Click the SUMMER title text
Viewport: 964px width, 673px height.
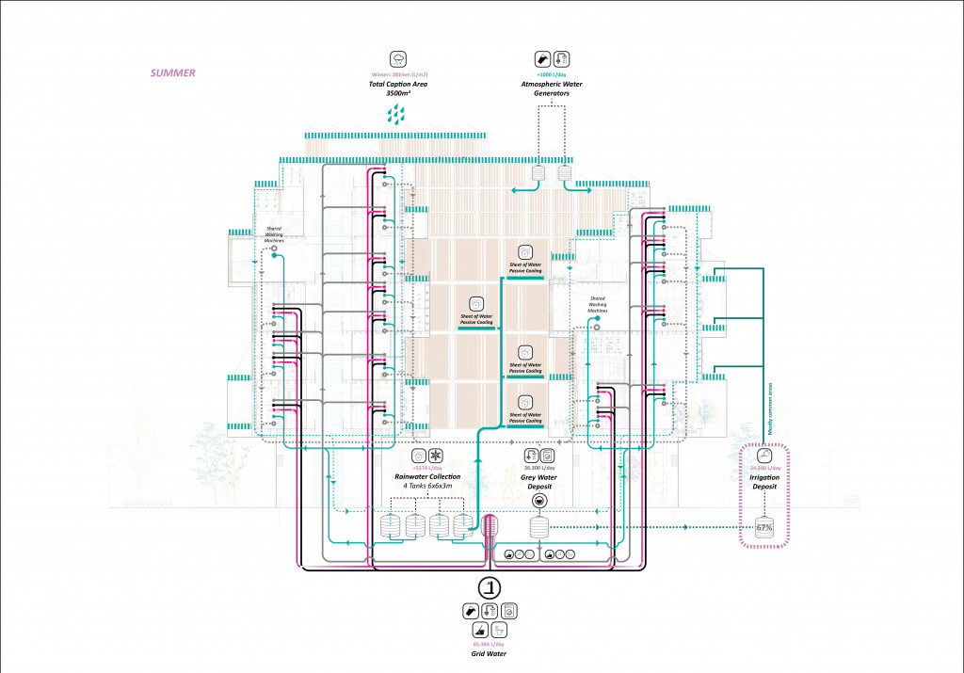tap(173, 72)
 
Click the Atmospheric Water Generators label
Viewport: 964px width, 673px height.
tap(554, 89)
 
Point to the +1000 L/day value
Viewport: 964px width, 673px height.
tap(553, 73)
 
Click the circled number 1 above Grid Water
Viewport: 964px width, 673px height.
tap(490, 588)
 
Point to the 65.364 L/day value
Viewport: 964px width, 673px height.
tap(490, 643)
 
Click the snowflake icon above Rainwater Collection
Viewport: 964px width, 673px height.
tap(436, 455)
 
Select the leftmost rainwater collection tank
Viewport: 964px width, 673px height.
tap(390, 526)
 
